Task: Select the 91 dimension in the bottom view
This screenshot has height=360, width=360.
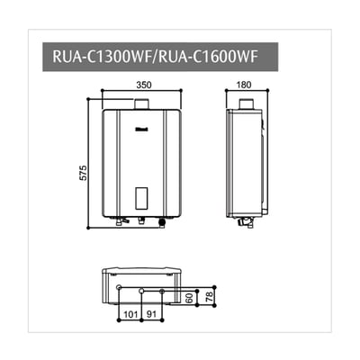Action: [153, 316]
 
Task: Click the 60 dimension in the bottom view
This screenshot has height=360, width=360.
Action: [191, 297]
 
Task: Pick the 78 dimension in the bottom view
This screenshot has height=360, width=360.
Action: [211, 297]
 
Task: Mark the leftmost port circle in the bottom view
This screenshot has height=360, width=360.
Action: [119, 288]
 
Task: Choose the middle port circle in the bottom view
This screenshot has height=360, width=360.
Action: [140, 290]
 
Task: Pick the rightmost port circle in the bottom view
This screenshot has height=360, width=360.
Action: [162, 290]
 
